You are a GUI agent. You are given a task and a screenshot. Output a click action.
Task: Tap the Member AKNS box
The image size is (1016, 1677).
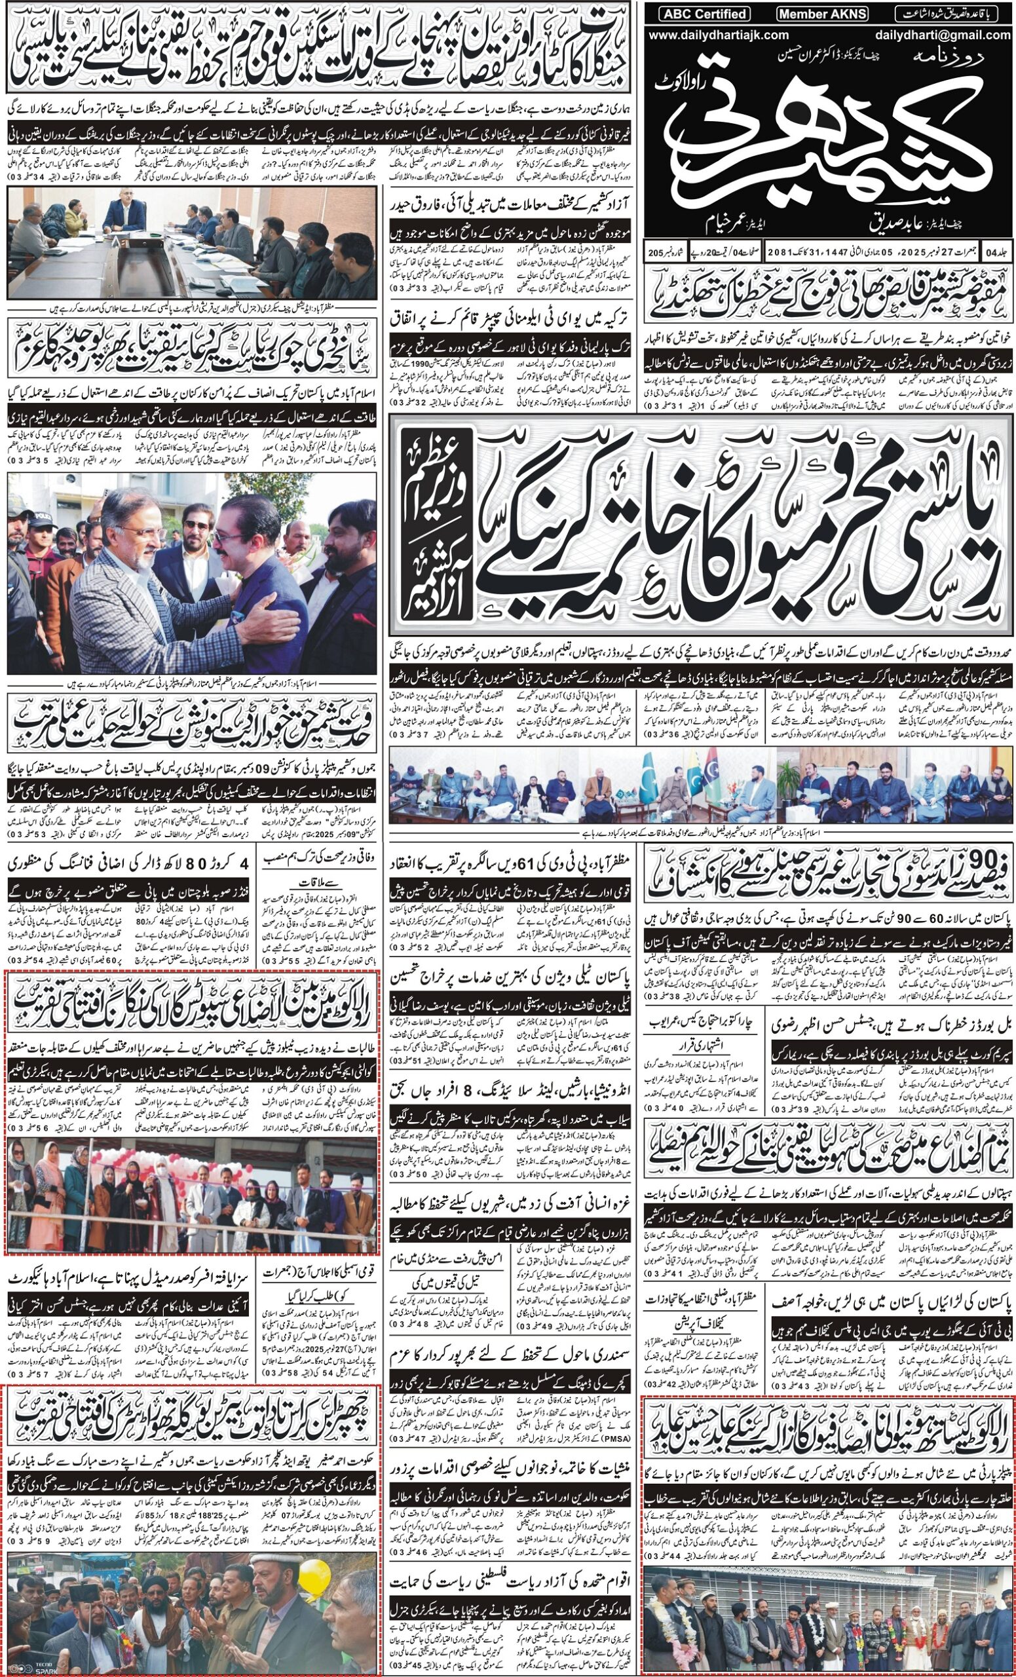[819, 14]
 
